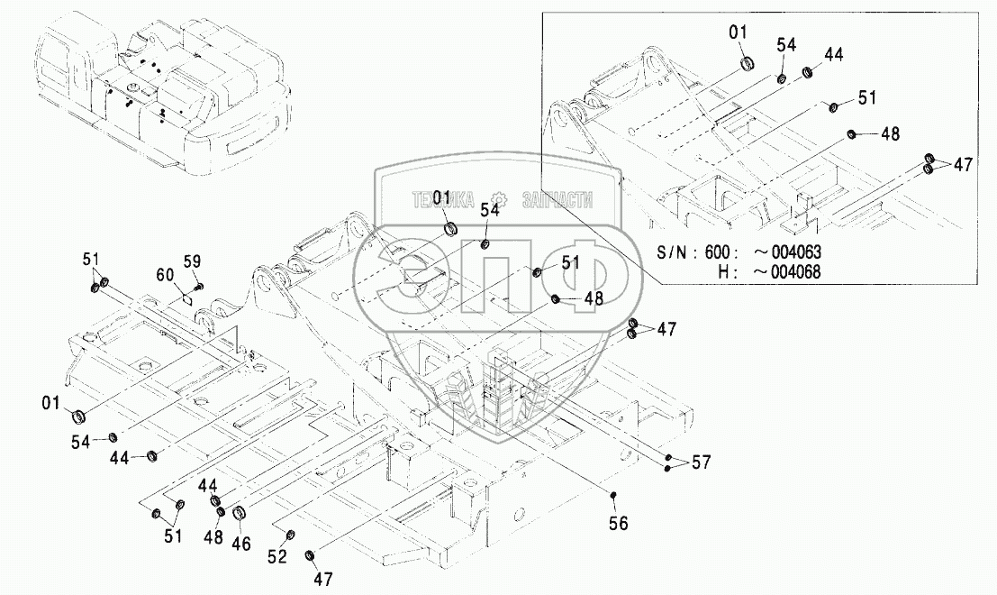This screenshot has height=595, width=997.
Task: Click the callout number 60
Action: pyautogui.click(x=166, y=276)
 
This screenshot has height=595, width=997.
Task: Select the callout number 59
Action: pyautogui.click(x=191, y=262)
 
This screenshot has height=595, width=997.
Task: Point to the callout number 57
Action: pyautogui.click(x=701, y=462)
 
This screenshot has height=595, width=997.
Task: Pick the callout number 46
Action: pyautogui.click(x=240, y=544)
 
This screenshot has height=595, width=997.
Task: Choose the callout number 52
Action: pyautogui.click(x=276, y=556)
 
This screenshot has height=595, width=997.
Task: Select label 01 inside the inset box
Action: pyautogui.click(x=739, y=33)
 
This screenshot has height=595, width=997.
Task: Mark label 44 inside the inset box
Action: pyautogui.click(x=833, y=54)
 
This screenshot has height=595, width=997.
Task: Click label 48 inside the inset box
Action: pyautogui.click(x=890, y=134)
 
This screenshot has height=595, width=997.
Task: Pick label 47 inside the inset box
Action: pyautogui.click(x=963, y=164)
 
